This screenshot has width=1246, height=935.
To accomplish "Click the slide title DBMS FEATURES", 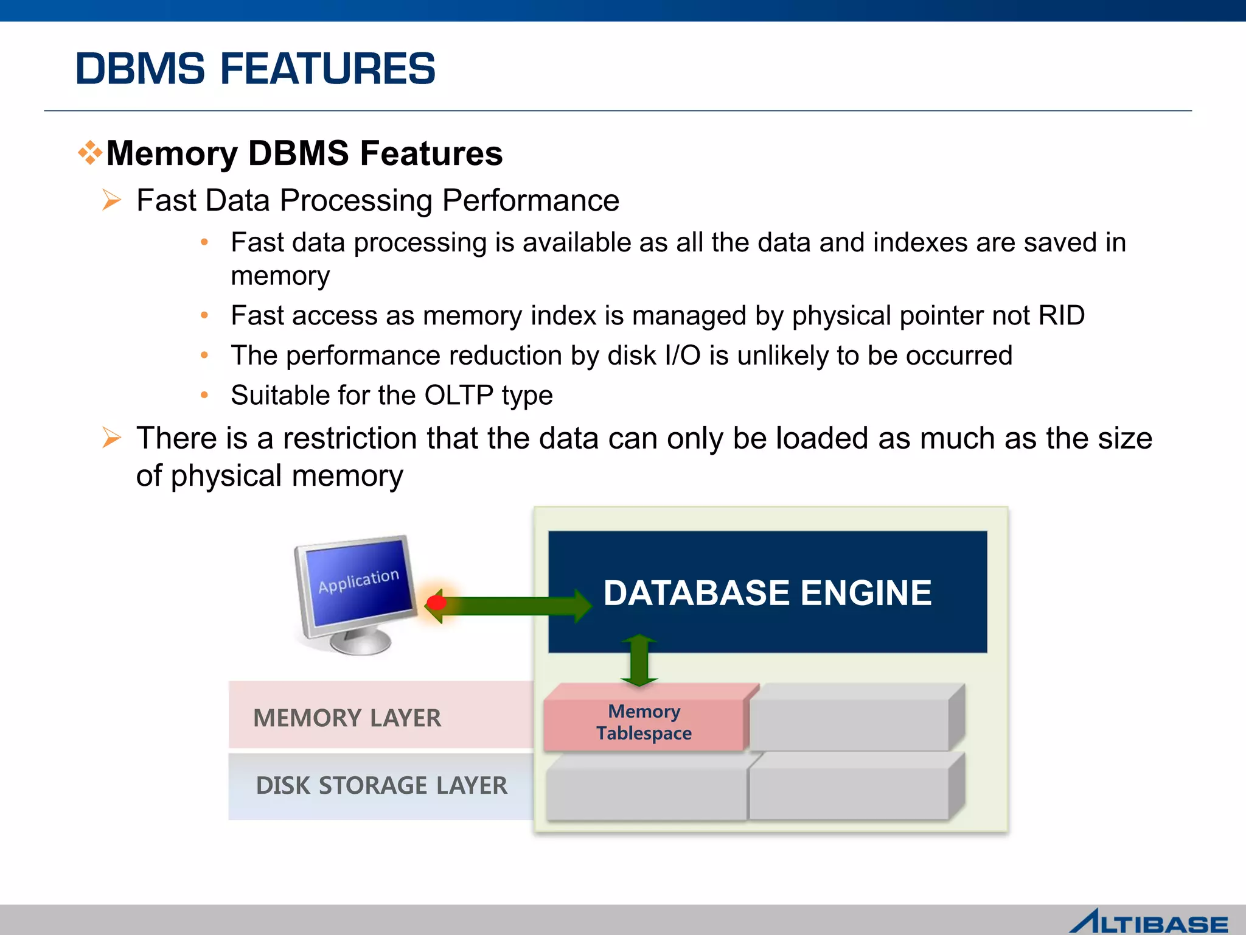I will (x=255, y=68).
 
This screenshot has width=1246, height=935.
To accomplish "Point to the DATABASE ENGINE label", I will (x=767, y=593).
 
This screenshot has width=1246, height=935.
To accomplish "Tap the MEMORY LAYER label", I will (x=347, y=718).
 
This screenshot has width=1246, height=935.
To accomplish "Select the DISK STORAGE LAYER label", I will (x=381, y=786).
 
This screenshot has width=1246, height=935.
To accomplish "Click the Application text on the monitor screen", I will (x=358, y=581).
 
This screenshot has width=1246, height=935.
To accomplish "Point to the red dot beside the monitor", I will (x=436, y=603).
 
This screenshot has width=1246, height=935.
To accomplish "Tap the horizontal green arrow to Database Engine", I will (x=511, y=606).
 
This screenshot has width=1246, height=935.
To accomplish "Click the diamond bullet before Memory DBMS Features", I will (x=90, y=153).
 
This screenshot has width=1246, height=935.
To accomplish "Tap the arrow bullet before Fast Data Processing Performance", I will (x=112, y=200).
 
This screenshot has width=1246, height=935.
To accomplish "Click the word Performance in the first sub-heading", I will (x=531, y=200).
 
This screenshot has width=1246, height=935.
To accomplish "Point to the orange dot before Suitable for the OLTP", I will (x=204, y=396).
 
